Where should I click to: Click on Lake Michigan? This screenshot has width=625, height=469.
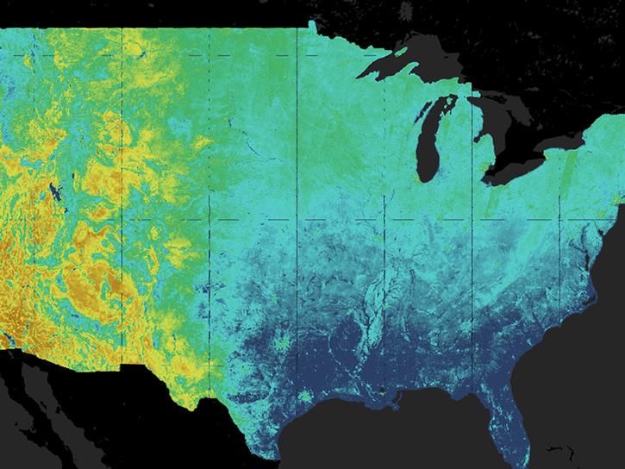point(428,147)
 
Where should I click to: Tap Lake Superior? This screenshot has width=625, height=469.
point(405,56)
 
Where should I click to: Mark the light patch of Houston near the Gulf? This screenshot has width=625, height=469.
point(305,396)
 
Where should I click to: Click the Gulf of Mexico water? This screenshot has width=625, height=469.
point(388,440)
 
